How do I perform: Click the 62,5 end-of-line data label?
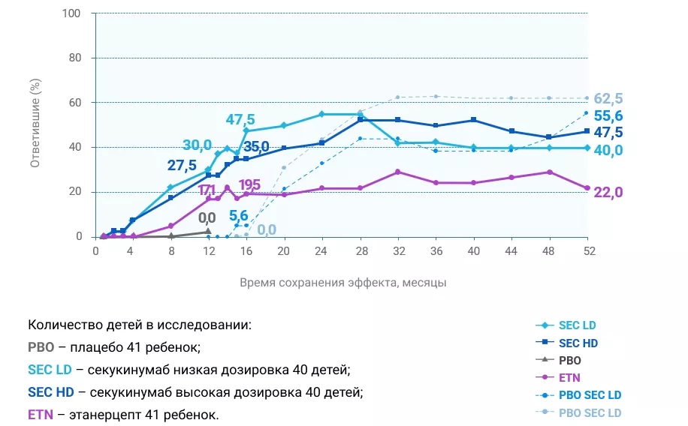[x=608, y=99]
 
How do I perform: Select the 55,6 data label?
[x=608, y=116]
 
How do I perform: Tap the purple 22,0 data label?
[x=608, y=193]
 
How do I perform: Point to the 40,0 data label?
[x=608, y=150]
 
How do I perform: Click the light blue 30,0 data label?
[x=197, y=145]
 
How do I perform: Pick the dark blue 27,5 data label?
[x=183, y=165]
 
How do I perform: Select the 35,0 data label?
[x=255, y=146]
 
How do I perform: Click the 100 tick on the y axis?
[x=78, y=13]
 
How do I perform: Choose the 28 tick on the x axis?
[x=360, y=252]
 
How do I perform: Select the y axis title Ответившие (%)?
[x=35, y=124]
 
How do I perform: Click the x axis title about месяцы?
[x=343, y=283]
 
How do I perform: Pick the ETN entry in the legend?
[x=569, y=377]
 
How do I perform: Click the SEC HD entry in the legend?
[x=578, y=343]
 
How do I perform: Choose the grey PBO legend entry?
[x=569, y=360]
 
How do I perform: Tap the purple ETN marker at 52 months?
[x=587, y=187]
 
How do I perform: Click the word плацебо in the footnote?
[x=87, y=347]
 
